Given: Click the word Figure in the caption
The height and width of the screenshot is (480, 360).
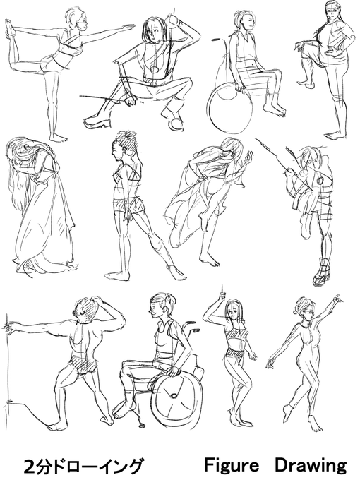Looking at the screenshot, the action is click(232, 466).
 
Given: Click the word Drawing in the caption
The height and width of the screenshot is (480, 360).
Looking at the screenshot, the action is click(311, 466).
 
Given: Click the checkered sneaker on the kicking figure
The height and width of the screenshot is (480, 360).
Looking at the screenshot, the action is click(321, 272).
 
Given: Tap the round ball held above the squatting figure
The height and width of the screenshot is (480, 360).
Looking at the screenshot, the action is click(173, 20).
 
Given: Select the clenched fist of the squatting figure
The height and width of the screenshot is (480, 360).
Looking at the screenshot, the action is click(131, 100).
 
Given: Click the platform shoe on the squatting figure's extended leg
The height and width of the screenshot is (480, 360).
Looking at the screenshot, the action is click(97, 121).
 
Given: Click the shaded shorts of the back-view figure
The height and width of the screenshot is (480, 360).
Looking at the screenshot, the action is click(83, 365).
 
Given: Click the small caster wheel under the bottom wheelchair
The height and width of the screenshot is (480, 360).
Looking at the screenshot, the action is click(142, 425).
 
